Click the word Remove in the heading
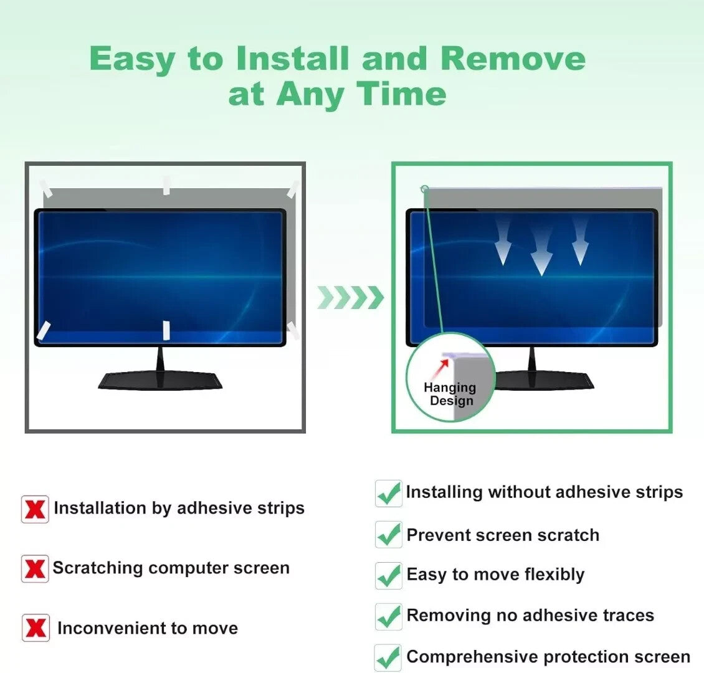513,59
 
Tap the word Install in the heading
292,59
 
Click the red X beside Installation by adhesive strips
35,509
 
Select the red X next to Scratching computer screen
35,569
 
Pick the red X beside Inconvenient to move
36,628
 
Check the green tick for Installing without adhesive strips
389,494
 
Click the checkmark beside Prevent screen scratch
389,535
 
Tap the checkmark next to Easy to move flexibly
389,575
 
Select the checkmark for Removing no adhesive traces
389,616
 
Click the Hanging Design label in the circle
450,394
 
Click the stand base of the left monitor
160,379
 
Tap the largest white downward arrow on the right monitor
541,252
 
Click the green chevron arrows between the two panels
350,298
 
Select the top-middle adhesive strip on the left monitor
166,185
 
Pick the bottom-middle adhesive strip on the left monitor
166,330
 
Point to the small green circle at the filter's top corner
425,189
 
